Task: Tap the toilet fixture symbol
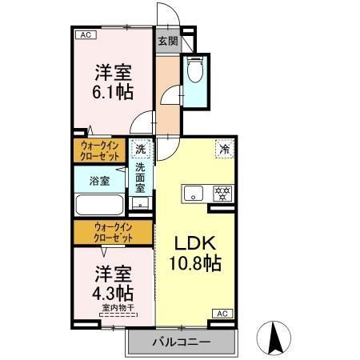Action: pos(193,71)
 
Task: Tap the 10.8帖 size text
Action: pos(194,262)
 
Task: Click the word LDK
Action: pos(194,243)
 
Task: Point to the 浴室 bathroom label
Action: pos(99,182)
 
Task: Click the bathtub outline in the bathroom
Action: pos(99,205)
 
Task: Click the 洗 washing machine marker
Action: pos(140,148)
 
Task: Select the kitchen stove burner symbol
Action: pos(220,193)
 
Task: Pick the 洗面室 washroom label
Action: pos(140,178)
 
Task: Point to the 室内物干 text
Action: pos(117,307)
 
